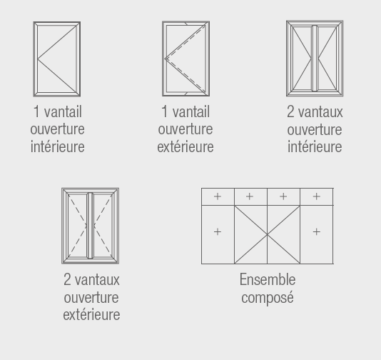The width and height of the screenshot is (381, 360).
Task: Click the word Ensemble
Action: pyautogui.click(x=268, y=279)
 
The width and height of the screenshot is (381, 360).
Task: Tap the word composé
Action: pyautogui.click(x=268, y=298)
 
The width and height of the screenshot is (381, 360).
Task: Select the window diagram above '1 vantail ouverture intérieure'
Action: pyautogui.click(x=57, y=59)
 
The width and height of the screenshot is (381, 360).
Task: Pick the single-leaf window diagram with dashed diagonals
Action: pyautogui.click(x=186, y=59)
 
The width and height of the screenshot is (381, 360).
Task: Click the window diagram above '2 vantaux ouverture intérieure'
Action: pyautogui.click(x=315, y=59)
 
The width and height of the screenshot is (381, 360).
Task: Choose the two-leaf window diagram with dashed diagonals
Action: pyautogui.click(x=91, y=226)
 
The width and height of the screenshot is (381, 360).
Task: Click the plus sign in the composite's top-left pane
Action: pyautogui.click(x=218, y=196)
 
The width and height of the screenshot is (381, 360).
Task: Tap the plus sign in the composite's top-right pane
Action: pyautogui.click(x=316, y=196)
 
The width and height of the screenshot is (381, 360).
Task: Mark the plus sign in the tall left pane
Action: pyautogui.click(x=218, y=231)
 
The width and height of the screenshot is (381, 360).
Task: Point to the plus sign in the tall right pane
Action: pyautogui.click(x=316, y=231)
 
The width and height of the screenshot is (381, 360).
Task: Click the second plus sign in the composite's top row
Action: pyautogui.click(x=250, y=196)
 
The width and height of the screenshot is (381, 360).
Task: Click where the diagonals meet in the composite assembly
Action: pyautogui.click(x=268, y=234)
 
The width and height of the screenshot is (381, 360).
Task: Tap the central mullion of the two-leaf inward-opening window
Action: pyautogui.click(x=315, y=59)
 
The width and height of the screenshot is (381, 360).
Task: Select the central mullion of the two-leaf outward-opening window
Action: pyautogui.click(x=91, y=226)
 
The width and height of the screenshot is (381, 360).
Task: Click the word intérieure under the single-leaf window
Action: pyautogui.click(x=57, y=146)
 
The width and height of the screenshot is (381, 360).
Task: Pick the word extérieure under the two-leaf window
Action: pyautogui.click(x=91, y=314)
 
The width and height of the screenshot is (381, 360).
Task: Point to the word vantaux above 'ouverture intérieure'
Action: pyautogui.click(x=320, y=112)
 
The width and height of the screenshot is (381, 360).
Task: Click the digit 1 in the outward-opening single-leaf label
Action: pyautogui.click(x=165, y=111)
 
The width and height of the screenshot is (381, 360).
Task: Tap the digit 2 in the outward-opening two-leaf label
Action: pyautogui.click(x=67, y=279)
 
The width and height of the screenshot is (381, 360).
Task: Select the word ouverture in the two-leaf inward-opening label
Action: pyautogui.click(x=315, y=129)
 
